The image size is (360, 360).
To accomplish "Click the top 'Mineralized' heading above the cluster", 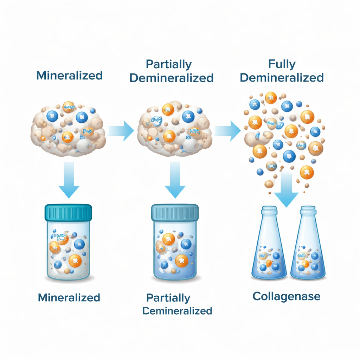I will [x=69, y=76].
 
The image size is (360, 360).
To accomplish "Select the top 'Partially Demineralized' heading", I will [x=171, y=71].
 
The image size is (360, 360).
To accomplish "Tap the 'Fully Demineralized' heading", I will [x=282, y=71].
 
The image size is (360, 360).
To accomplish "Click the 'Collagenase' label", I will [x=286, y=296].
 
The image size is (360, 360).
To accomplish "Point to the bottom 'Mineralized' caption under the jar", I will [x=69, y=297].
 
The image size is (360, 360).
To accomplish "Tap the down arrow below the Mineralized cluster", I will [x=69, y=179].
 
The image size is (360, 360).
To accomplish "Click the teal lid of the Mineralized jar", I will [x=69, y=212].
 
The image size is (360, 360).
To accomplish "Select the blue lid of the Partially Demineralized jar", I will [x=175, y=213].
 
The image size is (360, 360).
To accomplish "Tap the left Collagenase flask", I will [x=269, y=253].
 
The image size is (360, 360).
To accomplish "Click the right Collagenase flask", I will [x=308, y=253].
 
